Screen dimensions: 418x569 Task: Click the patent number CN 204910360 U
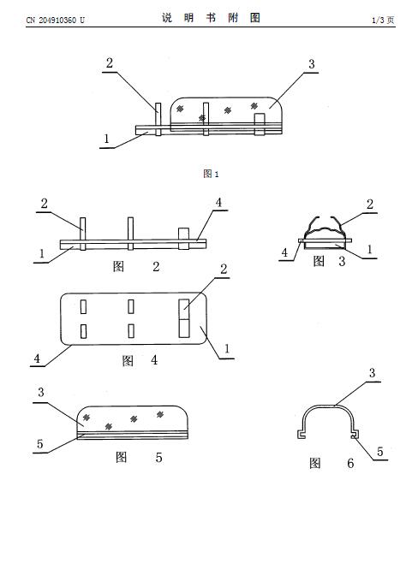[55, 20]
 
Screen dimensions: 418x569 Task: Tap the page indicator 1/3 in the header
[378, 20]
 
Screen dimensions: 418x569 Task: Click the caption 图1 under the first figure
[211, 174]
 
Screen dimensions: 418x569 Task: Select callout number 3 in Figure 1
[312, 64]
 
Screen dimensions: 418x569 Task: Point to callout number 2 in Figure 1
[110, 63]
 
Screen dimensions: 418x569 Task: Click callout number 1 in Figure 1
[106, 139]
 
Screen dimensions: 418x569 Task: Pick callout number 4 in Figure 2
[218, 203]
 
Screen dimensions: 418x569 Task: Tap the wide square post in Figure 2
[184, 239]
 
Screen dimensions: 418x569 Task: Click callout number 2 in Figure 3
[370, 204]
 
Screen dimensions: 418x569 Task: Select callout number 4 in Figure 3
[284, 252]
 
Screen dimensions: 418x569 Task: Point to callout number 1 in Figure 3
[369, 249]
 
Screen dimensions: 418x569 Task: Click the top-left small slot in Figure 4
[83, 306]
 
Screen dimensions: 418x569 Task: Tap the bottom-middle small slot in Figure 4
[131, 331]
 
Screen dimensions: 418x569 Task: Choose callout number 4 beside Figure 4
[37, 359]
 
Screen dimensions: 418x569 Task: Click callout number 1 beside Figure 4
[227, 349]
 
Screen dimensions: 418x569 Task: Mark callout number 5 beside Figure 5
[40, 444]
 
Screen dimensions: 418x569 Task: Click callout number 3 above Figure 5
[41, 392]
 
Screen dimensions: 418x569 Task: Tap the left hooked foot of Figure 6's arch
[301, 435]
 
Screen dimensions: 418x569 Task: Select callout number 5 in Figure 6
[379, 452]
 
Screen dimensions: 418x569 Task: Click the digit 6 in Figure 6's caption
[350, 464]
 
